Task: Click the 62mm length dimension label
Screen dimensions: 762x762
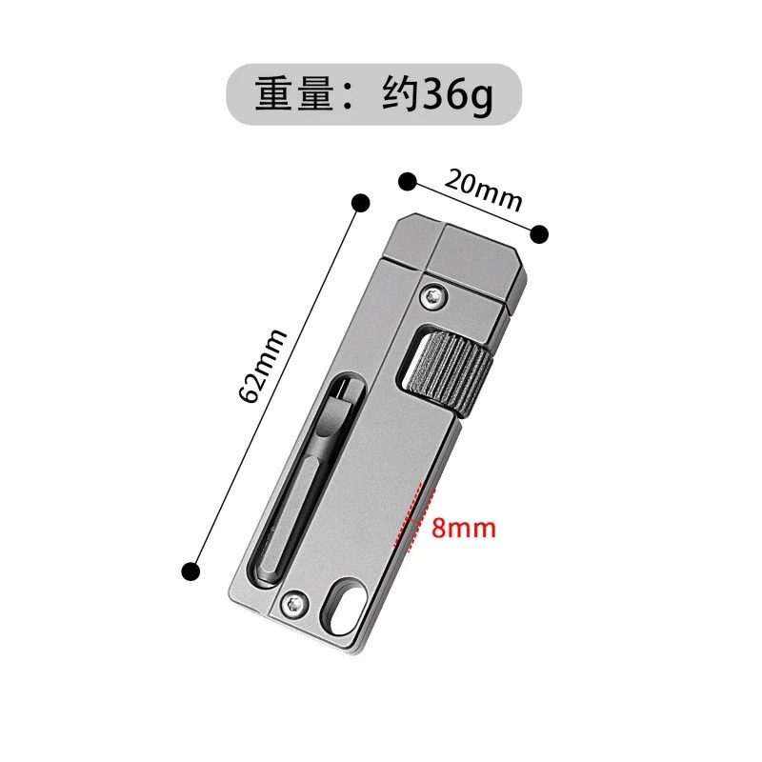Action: (x=263, y=366)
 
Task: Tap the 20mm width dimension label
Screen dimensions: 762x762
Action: (x=484, y=190)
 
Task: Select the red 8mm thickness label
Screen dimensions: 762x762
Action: (x=464, y=528)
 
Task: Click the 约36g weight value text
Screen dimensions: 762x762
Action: (x=438, y=95)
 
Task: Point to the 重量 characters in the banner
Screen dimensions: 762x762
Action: (x=293, y=93)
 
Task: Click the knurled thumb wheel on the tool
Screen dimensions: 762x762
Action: (x=450, y=371)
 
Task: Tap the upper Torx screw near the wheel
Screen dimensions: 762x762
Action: (x=433, y=296)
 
